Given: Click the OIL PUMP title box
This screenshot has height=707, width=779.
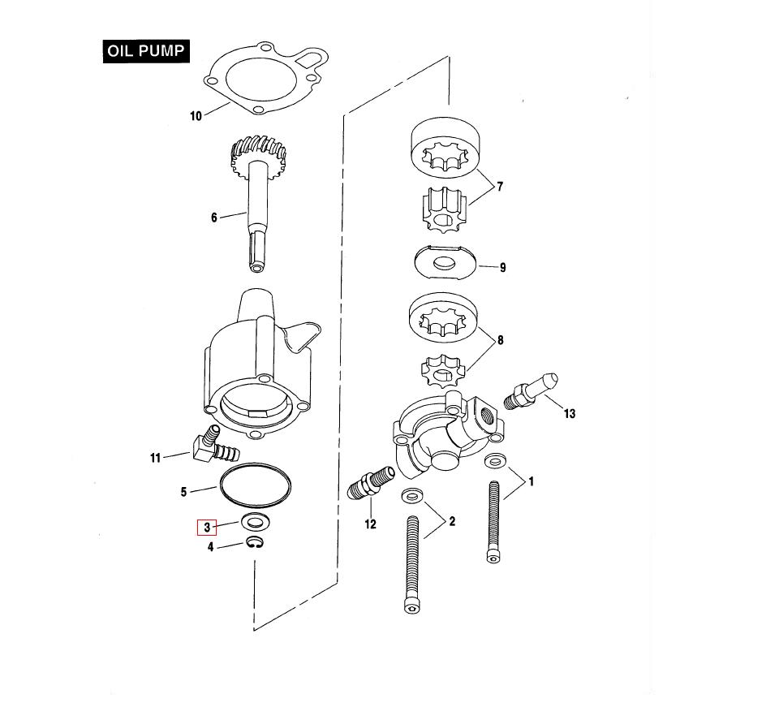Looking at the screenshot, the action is [147, 50].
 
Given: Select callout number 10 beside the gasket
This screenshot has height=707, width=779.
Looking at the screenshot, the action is [196, 116].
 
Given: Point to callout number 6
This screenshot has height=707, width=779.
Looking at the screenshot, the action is [214, 218].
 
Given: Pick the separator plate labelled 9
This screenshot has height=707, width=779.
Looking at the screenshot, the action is [445, 261].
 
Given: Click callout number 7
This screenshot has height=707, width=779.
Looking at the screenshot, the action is [500, 187].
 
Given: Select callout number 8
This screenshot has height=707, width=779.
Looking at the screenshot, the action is [501, 340].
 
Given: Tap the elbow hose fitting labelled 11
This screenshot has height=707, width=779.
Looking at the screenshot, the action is [214, 445].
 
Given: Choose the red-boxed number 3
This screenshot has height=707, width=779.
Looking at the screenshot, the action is [207, 527].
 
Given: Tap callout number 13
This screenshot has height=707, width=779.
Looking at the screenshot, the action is [570, 413].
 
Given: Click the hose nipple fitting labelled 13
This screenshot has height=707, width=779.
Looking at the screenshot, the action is [531, 391].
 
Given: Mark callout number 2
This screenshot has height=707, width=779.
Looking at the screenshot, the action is [452, 522].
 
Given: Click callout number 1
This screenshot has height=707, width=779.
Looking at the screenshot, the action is [531, 481].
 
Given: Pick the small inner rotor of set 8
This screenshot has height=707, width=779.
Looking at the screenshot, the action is [442, 371].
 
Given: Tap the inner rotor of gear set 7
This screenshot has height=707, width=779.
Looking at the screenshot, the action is [444, 211].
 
